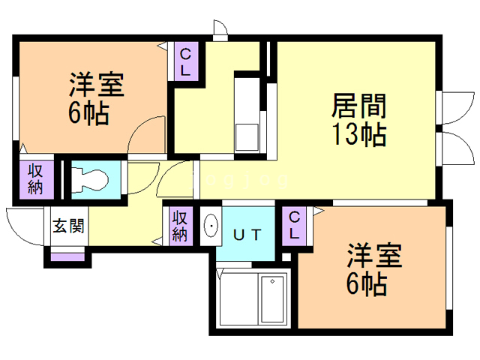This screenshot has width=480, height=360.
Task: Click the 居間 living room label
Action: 358,106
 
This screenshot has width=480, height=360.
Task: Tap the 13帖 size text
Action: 358,134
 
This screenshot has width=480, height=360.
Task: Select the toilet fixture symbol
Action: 89,181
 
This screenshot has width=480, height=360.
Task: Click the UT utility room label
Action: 247,235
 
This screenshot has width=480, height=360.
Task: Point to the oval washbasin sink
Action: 211,226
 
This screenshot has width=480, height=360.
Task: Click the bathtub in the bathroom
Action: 272,298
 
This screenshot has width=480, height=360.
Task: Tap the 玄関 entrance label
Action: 68,226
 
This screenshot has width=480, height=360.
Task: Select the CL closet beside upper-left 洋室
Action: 185,61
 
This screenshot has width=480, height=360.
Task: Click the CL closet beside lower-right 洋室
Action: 294,226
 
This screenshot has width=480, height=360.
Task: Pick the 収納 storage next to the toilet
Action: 37,180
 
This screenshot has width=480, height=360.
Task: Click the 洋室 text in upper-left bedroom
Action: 97,85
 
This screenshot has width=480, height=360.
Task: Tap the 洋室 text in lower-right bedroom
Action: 374,255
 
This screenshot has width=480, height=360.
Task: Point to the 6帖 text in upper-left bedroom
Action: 88,113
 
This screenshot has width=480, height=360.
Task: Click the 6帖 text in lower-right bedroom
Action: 367,283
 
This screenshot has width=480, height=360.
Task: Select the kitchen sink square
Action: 247,137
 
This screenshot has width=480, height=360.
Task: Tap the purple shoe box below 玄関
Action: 67,257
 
